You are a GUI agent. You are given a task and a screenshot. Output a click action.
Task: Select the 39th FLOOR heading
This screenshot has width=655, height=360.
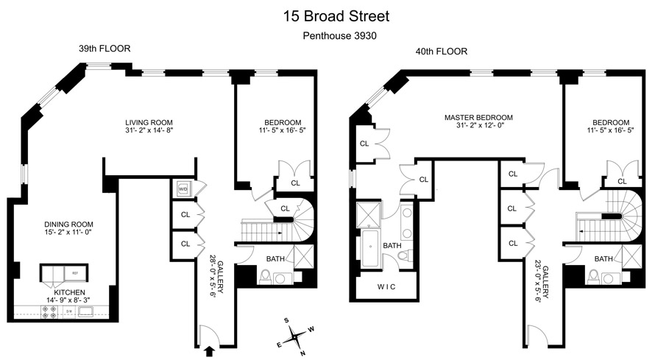[x=105, y=49]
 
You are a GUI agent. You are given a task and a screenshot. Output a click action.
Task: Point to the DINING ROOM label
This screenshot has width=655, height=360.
[x=68, y=225]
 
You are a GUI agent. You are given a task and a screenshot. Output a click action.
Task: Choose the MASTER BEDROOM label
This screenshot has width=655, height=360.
[x=478, y=117]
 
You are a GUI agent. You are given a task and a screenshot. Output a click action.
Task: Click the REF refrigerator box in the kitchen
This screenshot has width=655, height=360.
[x=74, y=273]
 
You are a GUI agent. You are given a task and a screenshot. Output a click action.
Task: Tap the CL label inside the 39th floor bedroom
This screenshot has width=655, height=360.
[x=295, y=183]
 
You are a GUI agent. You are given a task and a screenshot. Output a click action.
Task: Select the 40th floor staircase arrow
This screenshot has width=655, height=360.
[x=582, y=232]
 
